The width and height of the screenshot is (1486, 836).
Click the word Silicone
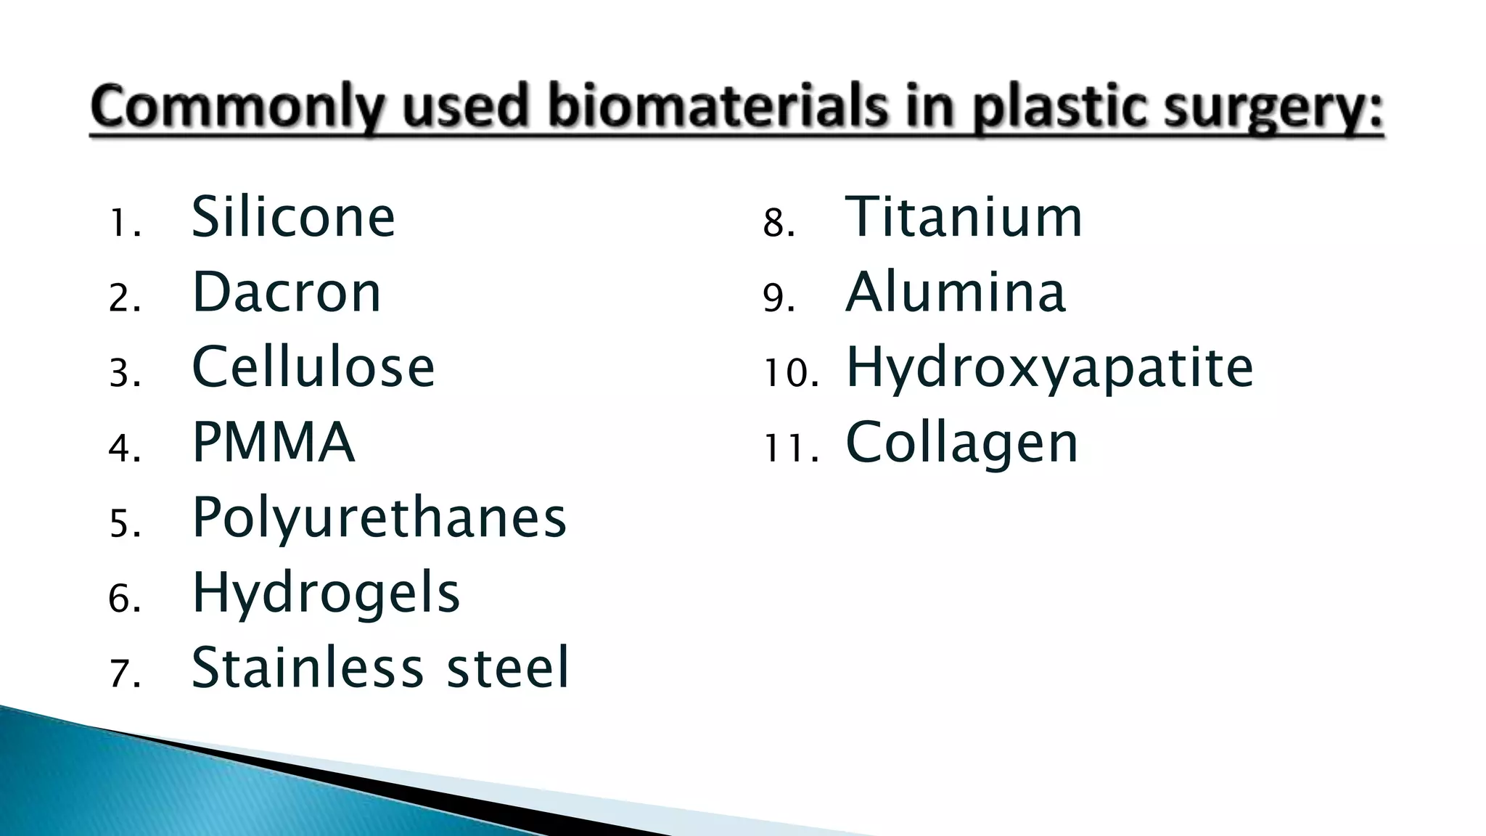point(292,217)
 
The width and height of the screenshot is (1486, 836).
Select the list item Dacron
point(286,292)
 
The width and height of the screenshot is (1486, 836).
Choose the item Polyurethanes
point(379,518)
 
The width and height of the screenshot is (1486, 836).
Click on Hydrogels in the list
point(326,593)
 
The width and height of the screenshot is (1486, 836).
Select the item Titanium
point(964,217)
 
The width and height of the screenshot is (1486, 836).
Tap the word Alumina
point(956,292)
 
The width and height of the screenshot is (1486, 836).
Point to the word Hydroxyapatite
point(1049,368)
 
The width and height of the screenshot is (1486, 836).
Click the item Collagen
point(962,443)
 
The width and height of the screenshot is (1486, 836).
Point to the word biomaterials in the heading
point(718,107)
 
